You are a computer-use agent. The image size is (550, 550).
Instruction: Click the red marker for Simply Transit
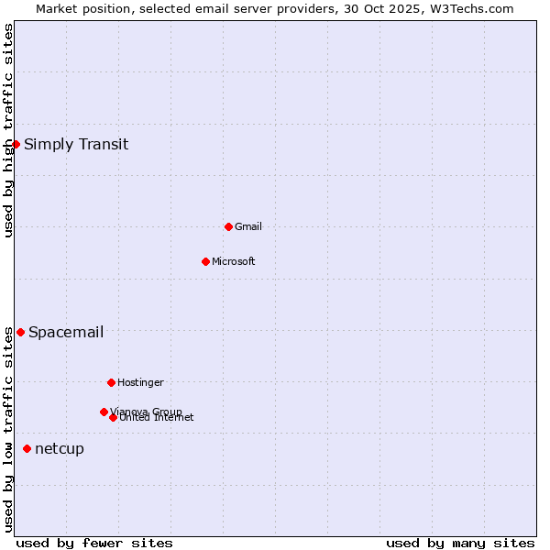tap(16, 144)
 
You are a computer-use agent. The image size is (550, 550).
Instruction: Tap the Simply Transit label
tap(76, 144)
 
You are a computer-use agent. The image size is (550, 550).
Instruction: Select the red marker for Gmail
tap(228, 226)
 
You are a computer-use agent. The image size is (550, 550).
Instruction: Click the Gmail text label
tap(248, 226)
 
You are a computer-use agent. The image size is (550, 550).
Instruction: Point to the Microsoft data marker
tap(205, 261)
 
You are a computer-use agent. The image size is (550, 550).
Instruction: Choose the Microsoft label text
tap(234, 261)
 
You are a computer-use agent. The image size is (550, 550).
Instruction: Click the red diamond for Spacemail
tap(20, 332)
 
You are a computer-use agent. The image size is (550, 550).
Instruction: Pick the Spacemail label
tap(66, 332)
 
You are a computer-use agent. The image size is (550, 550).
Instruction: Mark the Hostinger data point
tap(111, 382)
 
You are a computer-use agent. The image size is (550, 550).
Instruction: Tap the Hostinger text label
tap(140, 382)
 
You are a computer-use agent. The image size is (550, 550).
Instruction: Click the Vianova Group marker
tap(104, 412)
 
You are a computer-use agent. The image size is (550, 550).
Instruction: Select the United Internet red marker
tap(113, 417)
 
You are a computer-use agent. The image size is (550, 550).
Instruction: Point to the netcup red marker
tap(27, 448)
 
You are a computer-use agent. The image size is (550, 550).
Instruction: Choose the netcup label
tap(60, 448)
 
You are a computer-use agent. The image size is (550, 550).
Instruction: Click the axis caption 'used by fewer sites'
tap(94, 543)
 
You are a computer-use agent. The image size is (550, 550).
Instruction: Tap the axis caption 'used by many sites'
tap(460, 543)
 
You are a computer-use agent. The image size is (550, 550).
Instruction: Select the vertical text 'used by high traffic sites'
tap(8, 130)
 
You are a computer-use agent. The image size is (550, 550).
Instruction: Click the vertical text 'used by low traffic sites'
tap(8, 429)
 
